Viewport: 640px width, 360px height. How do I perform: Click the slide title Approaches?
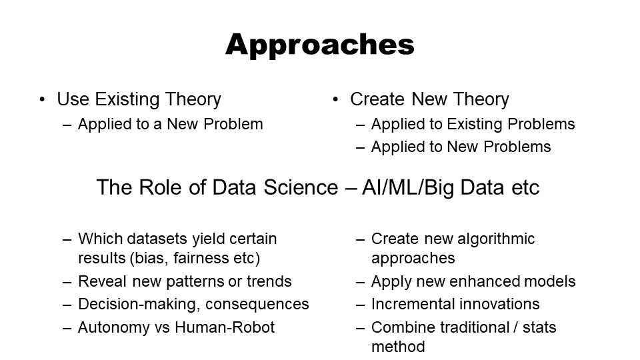click(x=319, y=45)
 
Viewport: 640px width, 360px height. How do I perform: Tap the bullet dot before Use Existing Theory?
click(x=42, y=99)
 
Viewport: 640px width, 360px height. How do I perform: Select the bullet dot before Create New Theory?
click(x=335, y=99)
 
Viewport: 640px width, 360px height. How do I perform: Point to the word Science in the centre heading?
click(x=301, y=187)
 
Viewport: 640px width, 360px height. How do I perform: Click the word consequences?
click(x=257, y=305)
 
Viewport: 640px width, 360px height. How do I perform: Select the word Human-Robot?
click(x=225, y=327)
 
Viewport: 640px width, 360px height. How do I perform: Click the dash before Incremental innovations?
click(x=360, y=305)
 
